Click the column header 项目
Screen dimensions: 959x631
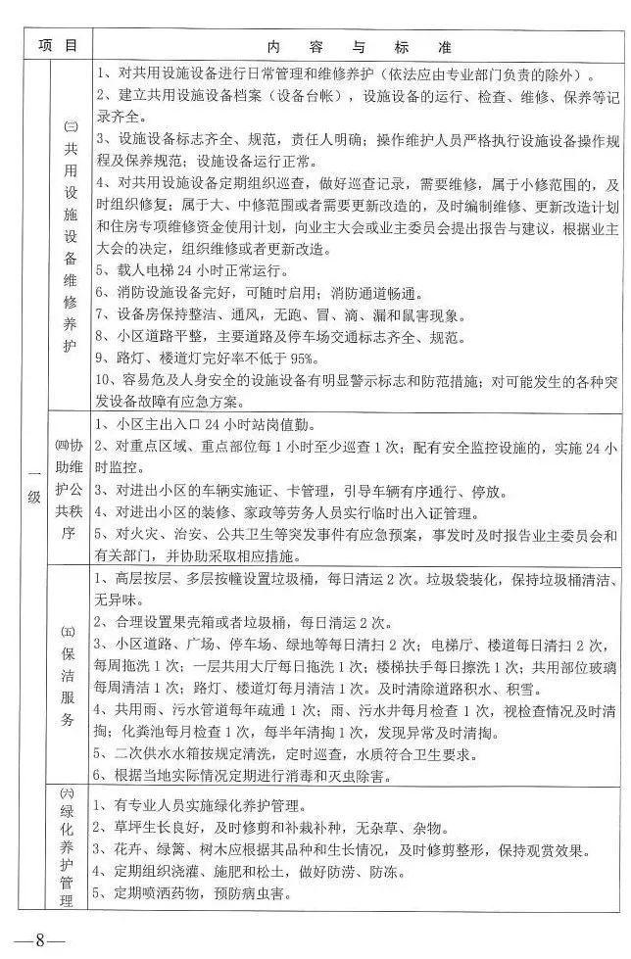[57, 45]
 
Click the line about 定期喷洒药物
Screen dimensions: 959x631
[206, 893]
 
